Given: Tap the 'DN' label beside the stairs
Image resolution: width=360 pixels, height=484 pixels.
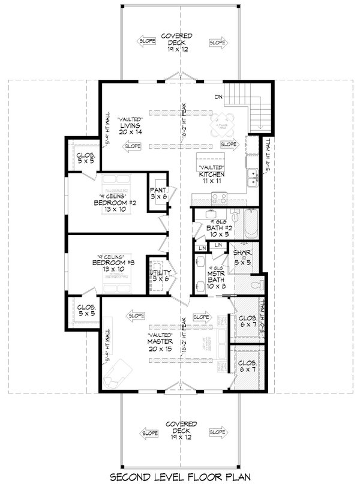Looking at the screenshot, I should [x=220, y=97].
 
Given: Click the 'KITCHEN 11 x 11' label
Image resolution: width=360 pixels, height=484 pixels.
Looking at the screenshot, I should [x=211, y=175].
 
